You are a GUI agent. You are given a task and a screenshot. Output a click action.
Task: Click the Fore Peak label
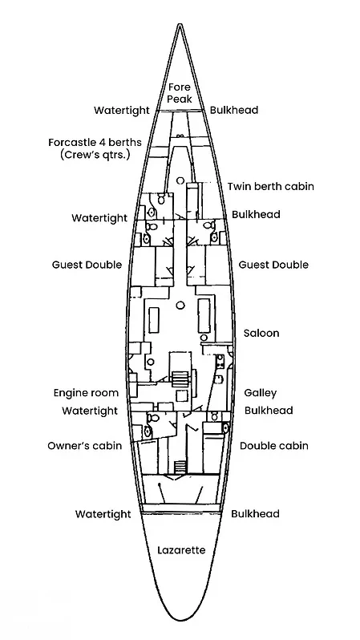coord(180,93)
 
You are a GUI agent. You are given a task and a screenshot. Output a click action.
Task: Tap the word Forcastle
coord(71,143)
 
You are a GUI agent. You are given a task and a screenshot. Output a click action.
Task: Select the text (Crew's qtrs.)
coord(95,155)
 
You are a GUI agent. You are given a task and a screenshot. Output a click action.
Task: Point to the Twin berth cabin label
coord(271,187)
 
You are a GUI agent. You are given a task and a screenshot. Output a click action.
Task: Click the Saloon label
coord(261,333)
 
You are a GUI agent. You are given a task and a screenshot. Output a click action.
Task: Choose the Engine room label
coord(86,393)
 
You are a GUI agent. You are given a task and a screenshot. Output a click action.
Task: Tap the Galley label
coord(261,393)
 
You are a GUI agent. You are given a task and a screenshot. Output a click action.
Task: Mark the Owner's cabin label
coord(84,445)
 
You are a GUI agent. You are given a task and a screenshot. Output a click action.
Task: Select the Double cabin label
coord(274,445)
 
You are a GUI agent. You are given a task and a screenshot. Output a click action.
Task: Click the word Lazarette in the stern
coord(181,550)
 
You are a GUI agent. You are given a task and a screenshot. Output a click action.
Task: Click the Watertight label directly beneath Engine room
coord(90,411)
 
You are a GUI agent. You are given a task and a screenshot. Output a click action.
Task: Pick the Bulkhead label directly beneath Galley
coord(269,410)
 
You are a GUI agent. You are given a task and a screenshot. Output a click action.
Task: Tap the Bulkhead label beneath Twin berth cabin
coord(256,214)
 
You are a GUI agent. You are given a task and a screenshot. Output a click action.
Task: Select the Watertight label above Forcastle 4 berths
coord(122,110)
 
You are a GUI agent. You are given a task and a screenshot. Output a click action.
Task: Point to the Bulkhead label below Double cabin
coord(255,513)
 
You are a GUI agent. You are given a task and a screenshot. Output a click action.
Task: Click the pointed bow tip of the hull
coord(180,25)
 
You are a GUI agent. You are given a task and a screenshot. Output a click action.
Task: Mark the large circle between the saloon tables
coord(180,305)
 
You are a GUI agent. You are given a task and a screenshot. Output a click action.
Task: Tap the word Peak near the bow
coord(180,99)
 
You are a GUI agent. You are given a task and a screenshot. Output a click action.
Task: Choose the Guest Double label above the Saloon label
coord(273,265)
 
